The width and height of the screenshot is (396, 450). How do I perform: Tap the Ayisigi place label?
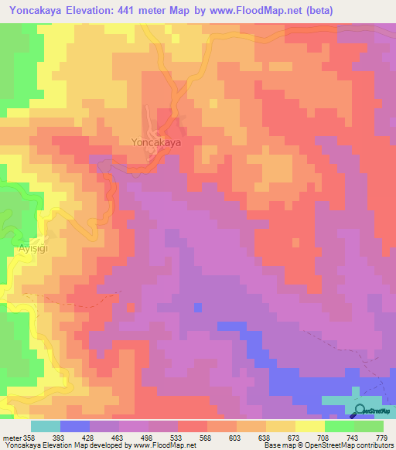coord(32,249)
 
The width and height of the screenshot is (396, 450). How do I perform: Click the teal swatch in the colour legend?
coord(46,426)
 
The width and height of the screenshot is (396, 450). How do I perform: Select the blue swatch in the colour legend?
coord(75,426)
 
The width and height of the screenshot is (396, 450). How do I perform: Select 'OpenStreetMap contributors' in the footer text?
coord(346,445)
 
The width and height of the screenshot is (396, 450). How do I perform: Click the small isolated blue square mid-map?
coord(198,308)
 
